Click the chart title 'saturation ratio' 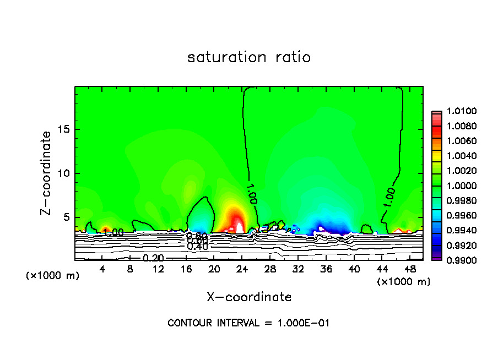pyautogui.click(x=249, y=57)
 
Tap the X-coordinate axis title pyautogui.click(x=249, y=297)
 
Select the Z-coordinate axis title pyautogui.click(x=47, y=173)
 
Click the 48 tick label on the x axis pyautogui.click(x=410, y=269)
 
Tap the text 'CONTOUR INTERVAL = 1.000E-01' pyautogui.click(x=248, y=323)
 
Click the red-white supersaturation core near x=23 pyautogui.click(x=238, y=224)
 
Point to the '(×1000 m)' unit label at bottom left pyautogui.click(x=53, y=275)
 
